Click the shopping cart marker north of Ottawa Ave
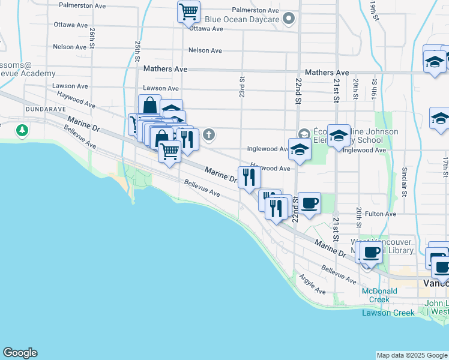(188, 11)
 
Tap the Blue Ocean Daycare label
(242, 19)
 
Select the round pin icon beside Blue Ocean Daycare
(289, 19)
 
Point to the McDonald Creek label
(379, 295)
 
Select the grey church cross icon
(209, 134)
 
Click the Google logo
(20, 353)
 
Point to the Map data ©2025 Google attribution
(411, 355)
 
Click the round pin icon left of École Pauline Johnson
(303, 133)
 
